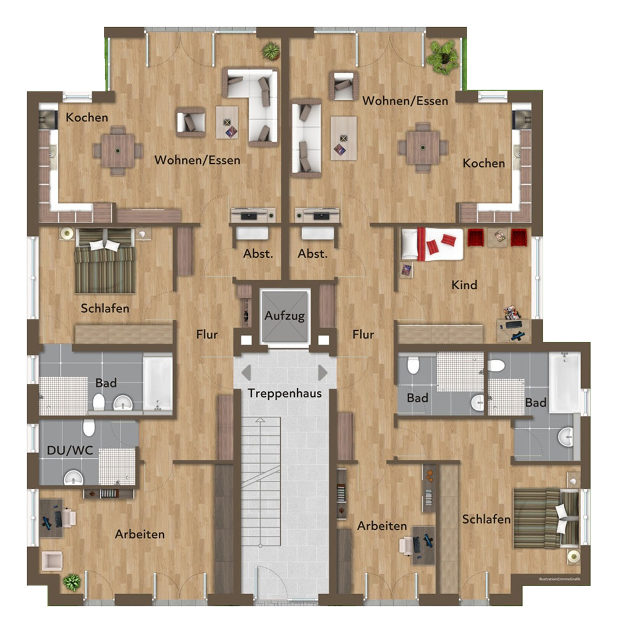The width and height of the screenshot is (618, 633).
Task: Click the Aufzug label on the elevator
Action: click(x=284, y=316)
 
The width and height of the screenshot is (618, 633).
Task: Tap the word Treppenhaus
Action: click(x=284, y=393)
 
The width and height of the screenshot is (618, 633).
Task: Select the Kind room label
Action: click(x=464, y=285)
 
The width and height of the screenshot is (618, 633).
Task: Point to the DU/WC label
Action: click(x=70, y=451)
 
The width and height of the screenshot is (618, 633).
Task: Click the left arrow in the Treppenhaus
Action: click(x=246, y=373)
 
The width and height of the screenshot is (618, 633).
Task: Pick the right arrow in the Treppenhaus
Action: click(x=323, y=373)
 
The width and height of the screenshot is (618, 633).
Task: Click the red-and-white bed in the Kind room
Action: click(x=432, y=244)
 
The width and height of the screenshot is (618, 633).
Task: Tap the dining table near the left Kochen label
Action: click(x=118, y=151)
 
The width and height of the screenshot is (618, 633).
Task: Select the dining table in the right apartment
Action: click(x=423, y=147)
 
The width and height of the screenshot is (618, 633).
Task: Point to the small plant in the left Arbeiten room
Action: click(x=72, y=582)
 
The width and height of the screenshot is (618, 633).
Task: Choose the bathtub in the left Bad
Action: click(x=158, y=383)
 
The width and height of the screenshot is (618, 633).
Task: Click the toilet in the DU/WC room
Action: click(x=89, y=428)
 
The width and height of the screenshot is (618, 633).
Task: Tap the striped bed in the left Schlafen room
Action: click(x=105, y=261)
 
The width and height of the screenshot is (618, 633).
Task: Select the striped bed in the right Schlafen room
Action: click(x=546, y=519)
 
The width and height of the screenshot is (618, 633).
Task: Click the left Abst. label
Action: click(x=258, y=254)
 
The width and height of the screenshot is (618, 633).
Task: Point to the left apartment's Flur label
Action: click(x=206, y=334)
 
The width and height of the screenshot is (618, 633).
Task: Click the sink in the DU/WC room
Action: click(x=73, y=478)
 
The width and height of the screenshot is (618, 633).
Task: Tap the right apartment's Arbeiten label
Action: click(x=382, y=526)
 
